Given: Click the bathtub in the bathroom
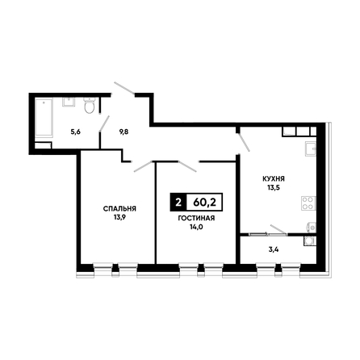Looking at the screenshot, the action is pos(44,118).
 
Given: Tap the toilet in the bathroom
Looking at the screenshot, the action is pos(90,106).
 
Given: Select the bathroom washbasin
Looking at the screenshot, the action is pos(69,103).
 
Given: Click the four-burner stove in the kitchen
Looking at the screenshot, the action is pos(308,203).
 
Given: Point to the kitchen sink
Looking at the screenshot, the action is pos(311,149).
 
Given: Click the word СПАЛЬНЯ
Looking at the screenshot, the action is pos(119,208).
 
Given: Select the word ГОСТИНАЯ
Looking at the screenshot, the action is pos(196,218).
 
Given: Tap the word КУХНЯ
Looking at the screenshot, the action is pos(274,178).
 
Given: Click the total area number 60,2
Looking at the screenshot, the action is pos(204,203).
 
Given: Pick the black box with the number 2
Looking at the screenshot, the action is pos(178,203).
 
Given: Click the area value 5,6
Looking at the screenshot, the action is pos(76,132).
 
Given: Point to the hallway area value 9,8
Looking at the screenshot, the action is pos(123,132).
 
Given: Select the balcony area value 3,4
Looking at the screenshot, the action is pos(274,249).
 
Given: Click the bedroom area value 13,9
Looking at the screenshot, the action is pos(119,217).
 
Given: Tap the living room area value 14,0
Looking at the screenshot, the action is pos(196,227).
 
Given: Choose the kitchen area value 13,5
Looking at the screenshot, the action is pos(274,188).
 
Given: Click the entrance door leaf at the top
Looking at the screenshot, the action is pos(124,88).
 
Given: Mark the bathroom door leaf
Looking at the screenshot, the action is pos(104,123).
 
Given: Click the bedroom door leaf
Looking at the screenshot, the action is pos(144,166).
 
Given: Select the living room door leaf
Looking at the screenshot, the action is pos(187,166).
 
